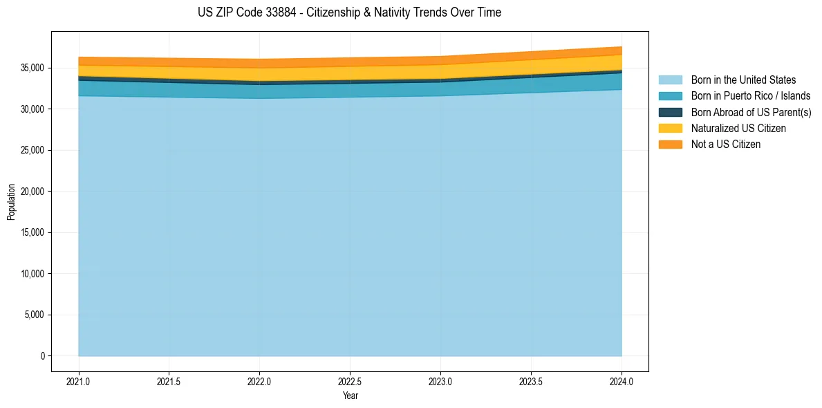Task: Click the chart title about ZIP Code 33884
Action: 349,12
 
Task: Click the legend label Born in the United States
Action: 743,80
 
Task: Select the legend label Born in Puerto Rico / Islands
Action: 751,96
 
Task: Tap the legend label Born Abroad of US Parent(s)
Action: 751,112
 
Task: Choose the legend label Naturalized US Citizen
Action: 738,128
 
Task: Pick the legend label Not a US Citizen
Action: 726,144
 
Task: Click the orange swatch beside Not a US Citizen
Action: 670,144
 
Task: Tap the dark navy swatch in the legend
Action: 670,112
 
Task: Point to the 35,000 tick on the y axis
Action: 32,68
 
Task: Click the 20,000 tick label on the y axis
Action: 32,192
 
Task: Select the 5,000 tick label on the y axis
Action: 34,315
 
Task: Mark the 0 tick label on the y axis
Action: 42,356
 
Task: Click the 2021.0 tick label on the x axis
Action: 79,381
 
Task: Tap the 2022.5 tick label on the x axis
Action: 350,381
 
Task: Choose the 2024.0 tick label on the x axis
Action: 622,381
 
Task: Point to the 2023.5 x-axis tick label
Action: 531,381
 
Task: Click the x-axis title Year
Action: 350,396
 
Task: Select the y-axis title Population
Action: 11,202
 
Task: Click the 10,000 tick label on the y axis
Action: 32,274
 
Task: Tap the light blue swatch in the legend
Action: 670,80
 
